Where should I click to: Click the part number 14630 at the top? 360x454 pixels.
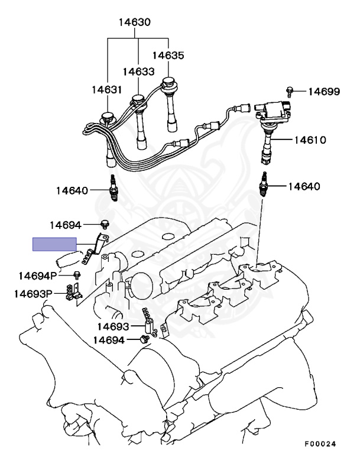coord(134,23)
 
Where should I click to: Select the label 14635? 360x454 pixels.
coord(168,56)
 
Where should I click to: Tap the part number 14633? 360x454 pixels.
coord(138,72)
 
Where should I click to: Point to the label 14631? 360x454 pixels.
coord(106,90)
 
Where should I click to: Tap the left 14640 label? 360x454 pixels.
coord(73,190)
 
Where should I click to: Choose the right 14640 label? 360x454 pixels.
coord(304,186)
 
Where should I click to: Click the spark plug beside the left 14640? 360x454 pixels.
coord(112,189)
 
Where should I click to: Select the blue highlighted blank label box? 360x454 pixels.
coord(54,244)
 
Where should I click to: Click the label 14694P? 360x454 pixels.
coord(38,275)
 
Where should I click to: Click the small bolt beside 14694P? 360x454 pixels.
coord(77,274)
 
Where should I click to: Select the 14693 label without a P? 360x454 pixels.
coord(113,326)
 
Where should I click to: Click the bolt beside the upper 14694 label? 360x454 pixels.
coord(105,224)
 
